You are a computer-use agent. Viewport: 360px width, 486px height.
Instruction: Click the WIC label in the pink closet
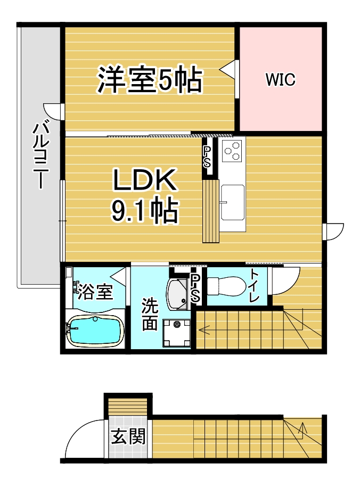click(280, 79)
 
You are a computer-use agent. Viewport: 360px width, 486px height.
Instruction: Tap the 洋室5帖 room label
click(150, 79)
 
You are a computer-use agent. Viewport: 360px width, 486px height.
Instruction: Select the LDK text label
click(145, 180)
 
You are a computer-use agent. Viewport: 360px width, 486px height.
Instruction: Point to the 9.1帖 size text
click(145, 211)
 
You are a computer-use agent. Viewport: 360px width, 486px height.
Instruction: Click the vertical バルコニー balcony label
click(41, 155)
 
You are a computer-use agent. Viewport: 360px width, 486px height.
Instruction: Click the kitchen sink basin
click(232, 202)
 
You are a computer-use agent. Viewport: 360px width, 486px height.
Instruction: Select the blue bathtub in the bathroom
click(95, 331)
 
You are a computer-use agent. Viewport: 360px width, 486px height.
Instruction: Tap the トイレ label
click(254, 286)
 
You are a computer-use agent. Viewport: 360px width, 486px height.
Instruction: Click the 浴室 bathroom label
click(95, 291)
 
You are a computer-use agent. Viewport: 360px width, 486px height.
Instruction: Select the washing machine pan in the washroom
click(177, 334)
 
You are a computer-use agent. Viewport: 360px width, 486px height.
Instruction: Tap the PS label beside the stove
click(207, 157)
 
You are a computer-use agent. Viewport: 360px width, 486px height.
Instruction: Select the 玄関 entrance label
click(128, 436)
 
